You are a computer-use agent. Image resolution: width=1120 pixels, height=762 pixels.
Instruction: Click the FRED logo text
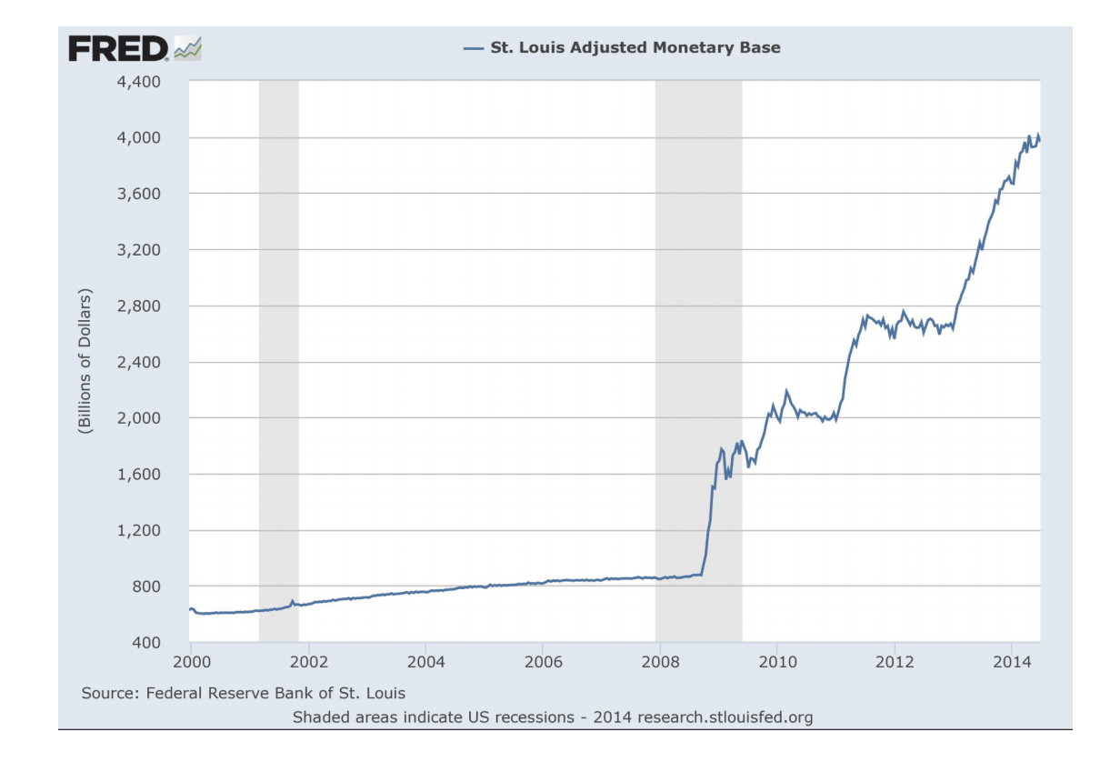(x=119, y=48)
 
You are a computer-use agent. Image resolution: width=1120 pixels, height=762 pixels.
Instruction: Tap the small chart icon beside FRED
(x=188, y=48)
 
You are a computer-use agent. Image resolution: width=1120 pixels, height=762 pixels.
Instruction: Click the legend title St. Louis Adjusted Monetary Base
(x=635, y=47)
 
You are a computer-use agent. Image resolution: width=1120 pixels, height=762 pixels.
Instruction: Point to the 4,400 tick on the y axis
(x=137, y=82)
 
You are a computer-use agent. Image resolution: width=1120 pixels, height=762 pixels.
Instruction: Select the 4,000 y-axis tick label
(x=137, y=137)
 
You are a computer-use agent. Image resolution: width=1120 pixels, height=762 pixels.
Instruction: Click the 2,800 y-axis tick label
(x=137, y=306)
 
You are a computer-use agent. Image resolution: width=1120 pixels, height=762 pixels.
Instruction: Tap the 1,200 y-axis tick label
(x=137, y=530)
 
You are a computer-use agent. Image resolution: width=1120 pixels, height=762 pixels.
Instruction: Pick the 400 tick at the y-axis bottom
(x=145, y=643)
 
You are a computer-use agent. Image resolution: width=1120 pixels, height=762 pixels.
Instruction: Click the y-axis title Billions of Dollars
(x=85, y=361)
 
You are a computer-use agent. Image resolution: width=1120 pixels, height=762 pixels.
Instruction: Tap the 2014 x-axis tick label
(x=1010, y=660)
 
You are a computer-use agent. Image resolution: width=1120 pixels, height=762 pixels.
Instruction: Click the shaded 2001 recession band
(x=278, y=364)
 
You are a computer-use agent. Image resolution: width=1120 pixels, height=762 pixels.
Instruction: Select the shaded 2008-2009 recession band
(x=698, y=364)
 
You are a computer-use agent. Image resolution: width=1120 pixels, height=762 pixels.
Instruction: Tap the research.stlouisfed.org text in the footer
(x=725, y=717)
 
